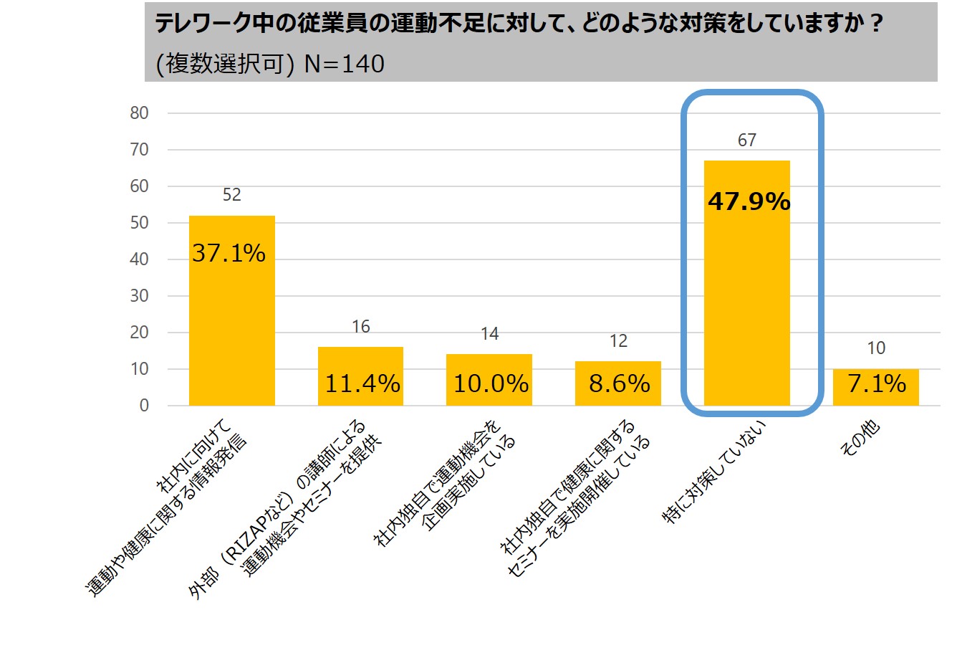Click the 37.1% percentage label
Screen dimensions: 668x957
(229, 253)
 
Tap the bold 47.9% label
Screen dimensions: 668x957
(749, 201)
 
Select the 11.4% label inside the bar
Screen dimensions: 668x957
(362, 383)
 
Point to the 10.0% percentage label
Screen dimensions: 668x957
(491, 383)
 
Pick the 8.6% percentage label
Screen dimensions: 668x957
(619, 383)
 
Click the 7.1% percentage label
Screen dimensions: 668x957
(876, 383)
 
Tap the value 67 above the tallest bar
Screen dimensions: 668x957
(747, 140)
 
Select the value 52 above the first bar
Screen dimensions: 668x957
(231, 195)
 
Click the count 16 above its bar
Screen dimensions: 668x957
(360, 327)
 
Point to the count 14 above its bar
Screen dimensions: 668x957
(489, 334)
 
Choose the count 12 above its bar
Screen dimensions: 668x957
(618, 341)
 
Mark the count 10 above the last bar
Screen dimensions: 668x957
(876, 348)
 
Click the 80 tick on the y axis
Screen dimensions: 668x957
(140, 113)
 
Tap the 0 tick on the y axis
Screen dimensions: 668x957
(144, 406)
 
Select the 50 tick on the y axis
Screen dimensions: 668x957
(140, 223)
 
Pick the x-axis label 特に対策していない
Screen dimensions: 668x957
(716, 473)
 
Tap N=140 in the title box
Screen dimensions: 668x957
(345, 65)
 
